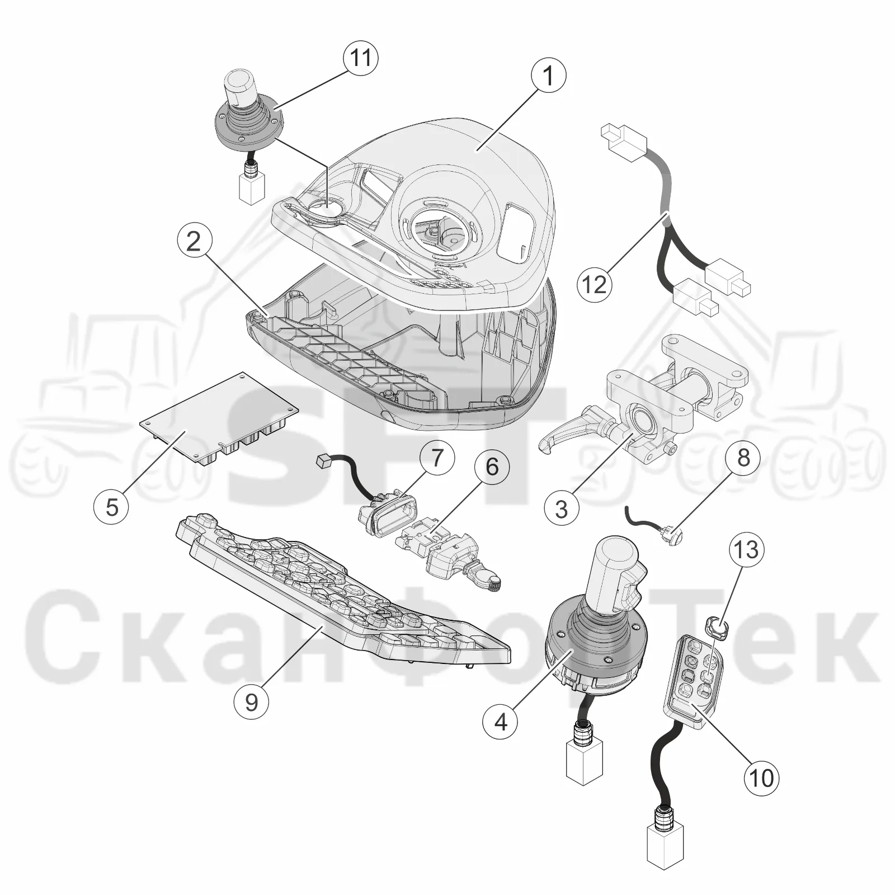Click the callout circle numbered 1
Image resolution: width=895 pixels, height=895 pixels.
pos(548,76)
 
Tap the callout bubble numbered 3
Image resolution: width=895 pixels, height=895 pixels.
pos(561,509)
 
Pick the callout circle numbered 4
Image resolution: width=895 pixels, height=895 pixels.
pos(501,722)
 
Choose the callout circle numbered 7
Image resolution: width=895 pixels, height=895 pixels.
pos(436,458)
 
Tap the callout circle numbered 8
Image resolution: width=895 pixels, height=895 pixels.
pos(743,458)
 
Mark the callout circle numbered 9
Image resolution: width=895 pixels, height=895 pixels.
pos(251,702)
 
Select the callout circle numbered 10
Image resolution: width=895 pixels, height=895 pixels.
pos(761,777)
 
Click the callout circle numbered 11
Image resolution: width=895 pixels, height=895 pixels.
pos(360,58)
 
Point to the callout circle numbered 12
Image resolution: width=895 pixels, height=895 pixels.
pos(595,284)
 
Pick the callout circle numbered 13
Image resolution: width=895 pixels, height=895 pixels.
pos(746,549)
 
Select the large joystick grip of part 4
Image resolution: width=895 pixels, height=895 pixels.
pos(618,576)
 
